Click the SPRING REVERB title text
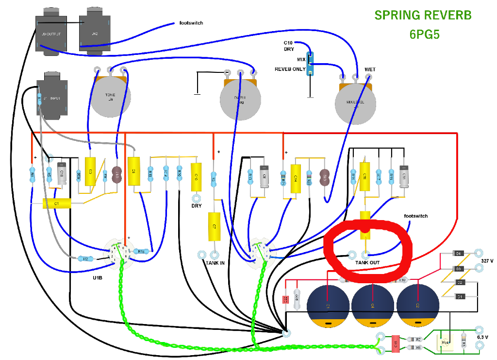[423, 15]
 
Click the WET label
[370, 69]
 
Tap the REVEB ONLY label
[290, 69]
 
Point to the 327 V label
[486, 261]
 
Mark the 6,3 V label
[483, 336]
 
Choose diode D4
[458, 253]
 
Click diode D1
[458, 296]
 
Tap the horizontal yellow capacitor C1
[57, 204]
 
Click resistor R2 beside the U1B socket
[85, 259]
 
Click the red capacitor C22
[286, 299]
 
